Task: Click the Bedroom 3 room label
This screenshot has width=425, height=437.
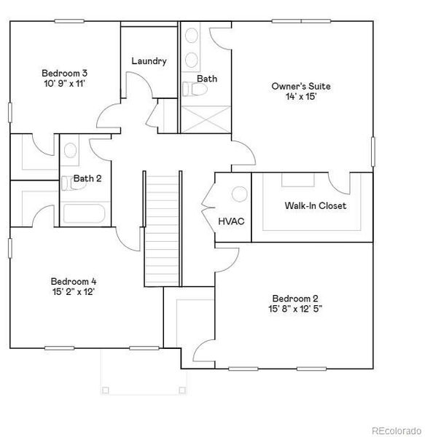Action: [x=65, y=73]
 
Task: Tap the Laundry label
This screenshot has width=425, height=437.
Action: [x=149, y=61]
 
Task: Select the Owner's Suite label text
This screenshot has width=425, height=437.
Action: [x=295, y=86]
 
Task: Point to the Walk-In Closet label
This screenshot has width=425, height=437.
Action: [x=315, y=206]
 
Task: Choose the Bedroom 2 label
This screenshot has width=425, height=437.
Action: [x=295, y=299]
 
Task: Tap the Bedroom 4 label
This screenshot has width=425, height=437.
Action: [x=73, y=281]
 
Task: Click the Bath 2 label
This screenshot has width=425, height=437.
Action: [x=87, y=178]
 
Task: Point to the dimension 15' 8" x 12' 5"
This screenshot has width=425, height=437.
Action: [x=295, y=309]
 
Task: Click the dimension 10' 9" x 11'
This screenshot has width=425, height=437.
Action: [x=65, y=83]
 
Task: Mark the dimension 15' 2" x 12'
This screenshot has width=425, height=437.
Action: [x=73, y=291]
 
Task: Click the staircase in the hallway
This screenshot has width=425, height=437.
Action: [x=162, y=227]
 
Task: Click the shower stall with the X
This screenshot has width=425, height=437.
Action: [x=205, y=119]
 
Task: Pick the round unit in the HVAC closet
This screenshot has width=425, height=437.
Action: [x=239, y=194]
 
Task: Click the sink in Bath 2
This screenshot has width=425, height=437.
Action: [x=71, y=151]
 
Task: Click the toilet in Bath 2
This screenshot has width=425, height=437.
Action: [x=66, y=185]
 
